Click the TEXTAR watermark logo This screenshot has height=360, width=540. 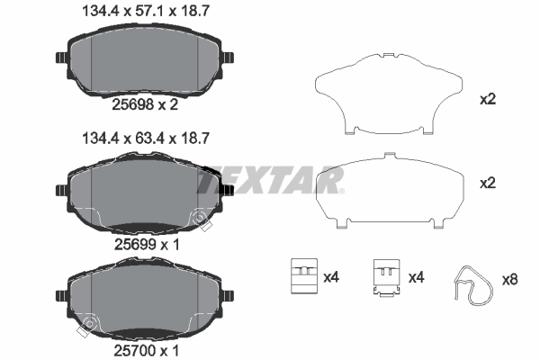click(270, 181)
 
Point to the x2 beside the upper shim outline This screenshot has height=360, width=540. click(489, 100)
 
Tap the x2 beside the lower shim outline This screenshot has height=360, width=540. click(489, 183)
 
